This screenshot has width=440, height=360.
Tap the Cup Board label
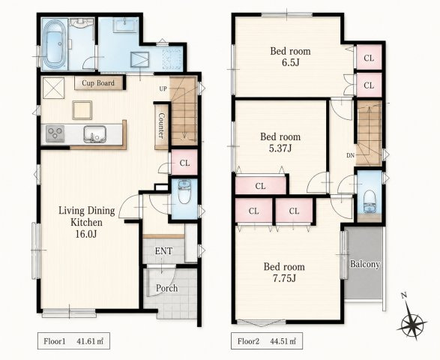click(x=98, y=83)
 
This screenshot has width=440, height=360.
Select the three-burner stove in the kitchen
click(x=55, y=134)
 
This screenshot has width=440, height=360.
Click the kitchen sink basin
click(x=95, y=134)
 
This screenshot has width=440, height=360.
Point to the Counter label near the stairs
click(x=161, y=125)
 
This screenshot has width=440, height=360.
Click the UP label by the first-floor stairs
click(x=163, y=89)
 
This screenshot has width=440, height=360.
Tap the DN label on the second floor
click(x=351, y=155)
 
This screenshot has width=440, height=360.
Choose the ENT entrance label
click(x=163, y=251)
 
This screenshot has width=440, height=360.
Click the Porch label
click(x=166, y=288)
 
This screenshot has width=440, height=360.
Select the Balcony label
click(x=365, y=264)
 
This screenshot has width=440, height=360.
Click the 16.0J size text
click(x=86, y=234)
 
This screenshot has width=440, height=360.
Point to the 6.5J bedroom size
click(x=290, y=62)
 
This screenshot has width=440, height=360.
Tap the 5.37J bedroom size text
click(x=280, y=148)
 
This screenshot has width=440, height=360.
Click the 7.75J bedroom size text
click(x=284, y=278)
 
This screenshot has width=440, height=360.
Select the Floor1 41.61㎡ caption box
click(x=73, y=341)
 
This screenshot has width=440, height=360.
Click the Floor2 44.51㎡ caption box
click(x=267, y=341)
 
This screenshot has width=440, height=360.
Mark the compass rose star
click(x=412, y=325)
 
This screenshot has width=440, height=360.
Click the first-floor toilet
click(x=184, y=191)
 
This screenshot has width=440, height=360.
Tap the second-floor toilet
click(x=370, y=201)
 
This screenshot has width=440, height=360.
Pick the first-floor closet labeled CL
click(x=184, y=163)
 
